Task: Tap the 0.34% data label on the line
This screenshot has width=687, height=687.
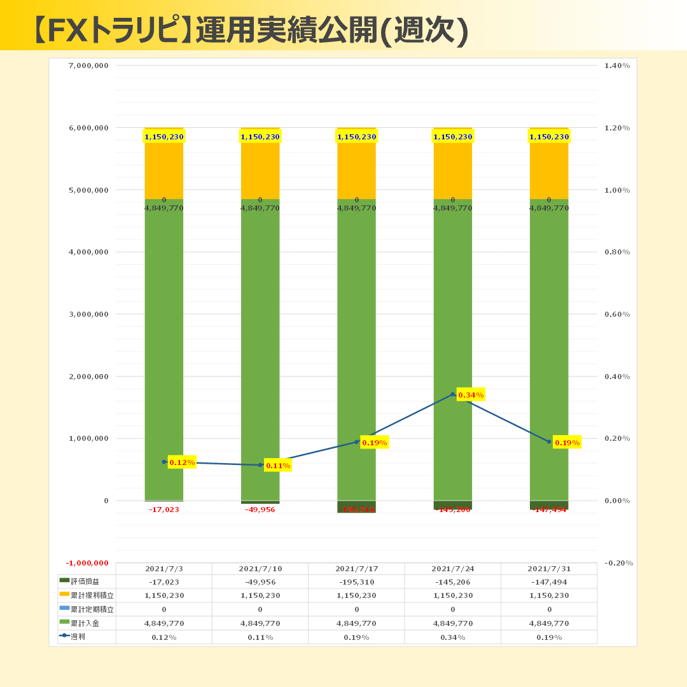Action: (x=471, y=395)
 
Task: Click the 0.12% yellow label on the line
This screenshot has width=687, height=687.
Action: (x=182, y=462)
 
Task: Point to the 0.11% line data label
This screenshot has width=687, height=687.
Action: (x=278, y=466)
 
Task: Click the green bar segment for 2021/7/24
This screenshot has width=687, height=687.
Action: (x=452, y=350)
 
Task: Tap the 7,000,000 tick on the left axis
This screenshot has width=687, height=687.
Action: (x=88, y=66)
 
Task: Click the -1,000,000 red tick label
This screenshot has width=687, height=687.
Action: (x=87, y=564)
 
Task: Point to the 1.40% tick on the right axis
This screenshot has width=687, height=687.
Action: (x=616, y=66)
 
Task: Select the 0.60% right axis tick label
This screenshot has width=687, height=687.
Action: (x=616, y=314)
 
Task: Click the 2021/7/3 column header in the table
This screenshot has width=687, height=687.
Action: (x=164, y=569)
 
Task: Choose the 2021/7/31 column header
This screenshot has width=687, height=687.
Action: (x=549, y=569)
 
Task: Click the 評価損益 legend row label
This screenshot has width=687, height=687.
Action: (x=85, y=581)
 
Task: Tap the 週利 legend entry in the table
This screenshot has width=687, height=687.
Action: (x=78, y=636)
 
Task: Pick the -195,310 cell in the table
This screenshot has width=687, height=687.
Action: (x=356, y=582)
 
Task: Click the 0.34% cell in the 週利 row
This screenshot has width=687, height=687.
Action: (x=452, y=637)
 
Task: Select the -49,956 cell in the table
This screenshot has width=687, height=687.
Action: (x=260, y=582)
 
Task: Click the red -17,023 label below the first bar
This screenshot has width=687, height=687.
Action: (x=164, y=510)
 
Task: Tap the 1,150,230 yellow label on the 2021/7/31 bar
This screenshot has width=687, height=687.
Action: (x=549, y=137)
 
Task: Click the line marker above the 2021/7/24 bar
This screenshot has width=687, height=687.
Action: (x=452, y=394)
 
